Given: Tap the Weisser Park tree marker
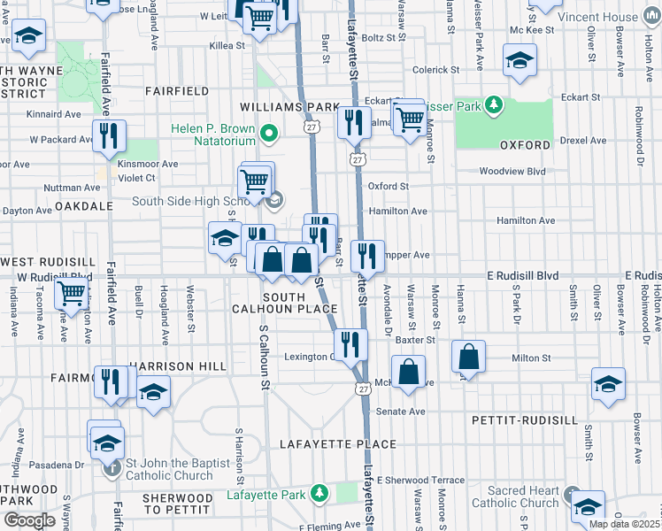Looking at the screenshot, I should [x=492, y=107].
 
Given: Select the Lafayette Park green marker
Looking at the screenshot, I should [x=317, y=494].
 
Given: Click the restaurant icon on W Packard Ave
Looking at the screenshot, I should [x=109, y=136].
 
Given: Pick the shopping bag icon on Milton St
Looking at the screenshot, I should [x=469, y=357].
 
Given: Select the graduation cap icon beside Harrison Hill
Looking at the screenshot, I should [x=154, y=392].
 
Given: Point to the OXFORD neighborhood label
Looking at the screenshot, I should [x=525, y=145].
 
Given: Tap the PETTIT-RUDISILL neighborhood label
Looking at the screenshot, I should [x=525, y=419].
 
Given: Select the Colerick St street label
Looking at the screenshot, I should [x=435, y=69].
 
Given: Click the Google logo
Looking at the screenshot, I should [x=29, y=520].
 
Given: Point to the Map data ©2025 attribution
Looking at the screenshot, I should [x=623, y=524].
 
